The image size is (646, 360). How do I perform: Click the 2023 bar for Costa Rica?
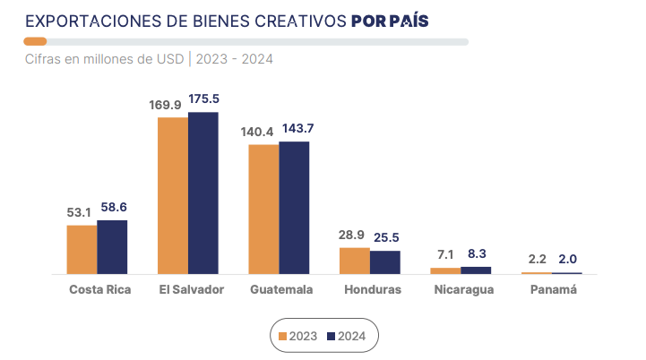pos(82,249)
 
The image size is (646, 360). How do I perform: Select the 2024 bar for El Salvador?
pos(203,193)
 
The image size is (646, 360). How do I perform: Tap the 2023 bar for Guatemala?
pos(263,209)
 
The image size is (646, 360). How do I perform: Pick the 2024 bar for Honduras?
pos(385,261)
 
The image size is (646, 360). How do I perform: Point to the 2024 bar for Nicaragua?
pos(476,270)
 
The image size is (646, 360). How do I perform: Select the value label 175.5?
pos(204,99)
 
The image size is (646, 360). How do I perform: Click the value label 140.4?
pos(257,132)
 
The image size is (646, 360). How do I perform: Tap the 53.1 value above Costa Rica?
pos(80,212)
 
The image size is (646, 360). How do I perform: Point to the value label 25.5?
pos(387,237)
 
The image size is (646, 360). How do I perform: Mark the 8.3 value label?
pos(478,253)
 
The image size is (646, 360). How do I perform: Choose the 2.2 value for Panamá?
pos(535,259)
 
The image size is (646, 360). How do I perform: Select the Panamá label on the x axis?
pos(553,290)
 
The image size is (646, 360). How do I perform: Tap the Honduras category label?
pos(372,290)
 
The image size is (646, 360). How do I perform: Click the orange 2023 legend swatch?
pos(283,336)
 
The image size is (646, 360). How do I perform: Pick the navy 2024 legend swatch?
pos(331,336)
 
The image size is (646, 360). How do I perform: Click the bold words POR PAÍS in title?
pos(389,20)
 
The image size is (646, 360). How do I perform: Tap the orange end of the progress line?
pos(36,41)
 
